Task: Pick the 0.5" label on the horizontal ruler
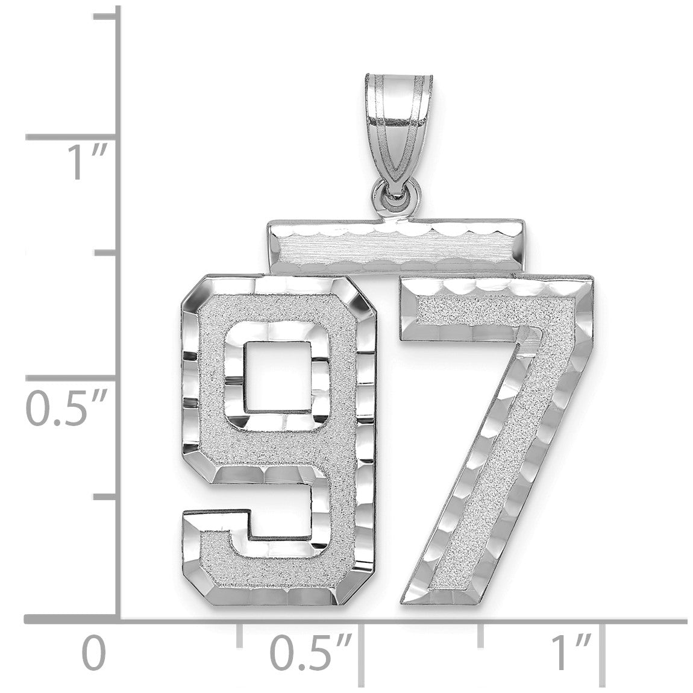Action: [x=311, y=653]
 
